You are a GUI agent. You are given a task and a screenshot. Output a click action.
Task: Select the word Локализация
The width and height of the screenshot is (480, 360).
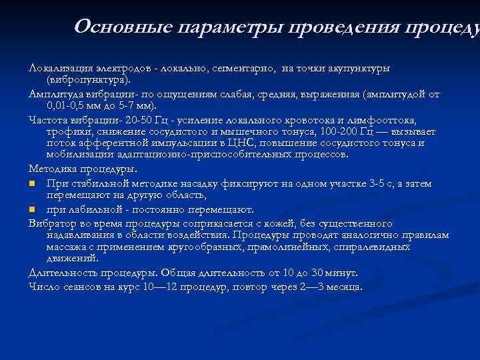point(60,69)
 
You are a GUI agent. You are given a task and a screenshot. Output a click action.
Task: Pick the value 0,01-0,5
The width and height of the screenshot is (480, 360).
point(69,105)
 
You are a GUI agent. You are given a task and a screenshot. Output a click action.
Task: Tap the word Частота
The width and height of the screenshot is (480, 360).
point(48,121)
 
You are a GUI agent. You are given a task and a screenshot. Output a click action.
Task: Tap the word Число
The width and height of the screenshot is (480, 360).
point(43,287)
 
